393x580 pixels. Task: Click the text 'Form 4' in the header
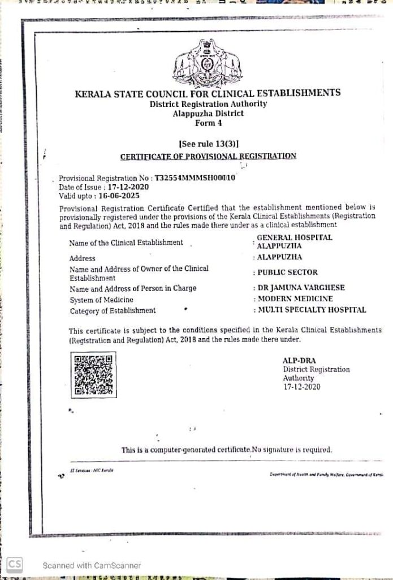(x=208, y=122)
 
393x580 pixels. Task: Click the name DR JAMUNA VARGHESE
(x=301, y=288)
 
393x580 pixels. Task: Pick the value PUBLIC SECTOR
(x=287, y=272)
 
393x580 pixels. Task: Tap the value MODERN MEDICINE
(x=295, y=298)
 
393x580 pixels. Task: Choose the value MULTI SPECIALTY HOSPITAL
(x=312, y=310)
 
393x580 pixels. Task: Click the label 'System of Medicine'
(x=102, y=300)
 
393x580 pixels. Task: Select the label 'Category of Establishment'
(x=113, y=310)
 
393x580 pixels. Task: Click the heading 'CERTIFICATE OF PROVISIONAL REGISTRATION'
(x=208, y=156)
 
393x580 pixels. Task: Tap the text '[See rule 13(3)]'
(x=208, y=144)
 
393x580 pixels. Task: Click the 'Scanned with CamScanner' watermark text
(x=92, y=565)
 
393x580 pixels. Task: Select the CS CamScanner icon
(x=15, y=564)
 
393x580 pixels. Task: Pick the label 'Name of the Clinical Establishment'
(x=126, y=242)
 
